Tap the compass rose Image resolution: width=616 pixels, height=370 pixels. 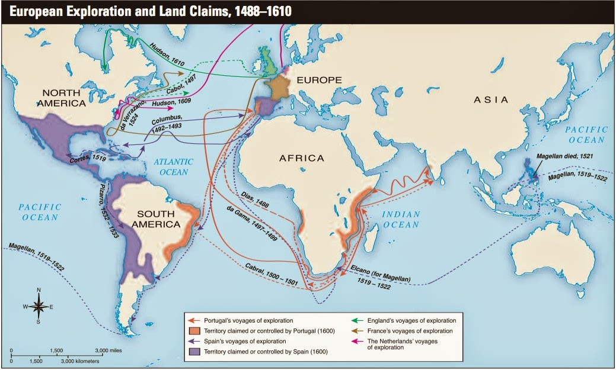(39, 306)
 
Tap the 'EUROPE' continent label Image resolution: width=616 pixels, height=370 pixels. (320, 80)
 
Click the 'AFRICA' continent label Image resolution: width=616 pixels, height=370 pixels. (302, 158)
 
